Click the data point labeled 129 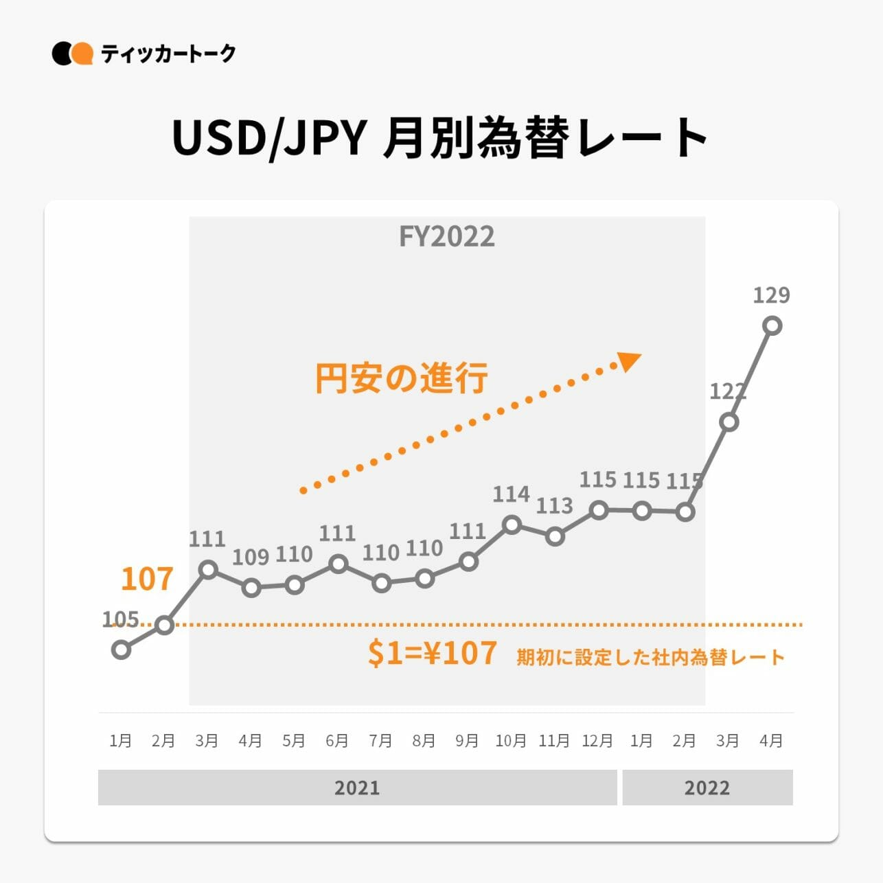[x=772, y=325]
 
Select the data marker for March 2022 [x=729, y=422]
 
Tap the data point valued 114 [x=512, y=525]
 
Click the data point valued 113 [x=555, y=536]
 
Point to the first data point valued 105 [x=121, y=649]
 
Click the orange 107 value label [x=146, y=579]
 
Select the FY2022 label [x=446, y=237]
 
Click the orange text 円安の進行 [x=402, y=378]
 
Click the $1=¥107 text [x=432, y=653]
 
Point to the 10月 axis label [x=511, y=741]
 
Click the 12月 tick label [x=597, y=741]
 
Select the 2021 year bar [x=357, y=788]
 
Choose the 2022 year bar [x=707, y=788]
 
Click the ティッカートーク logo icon [x=72, y=54]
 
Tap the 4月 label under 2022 [x=772, y=741]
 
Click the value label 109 [x=250, y=557]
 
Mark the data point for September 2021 [x=468, y=562]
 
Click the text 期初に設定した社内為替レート [x=650, y=657]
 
